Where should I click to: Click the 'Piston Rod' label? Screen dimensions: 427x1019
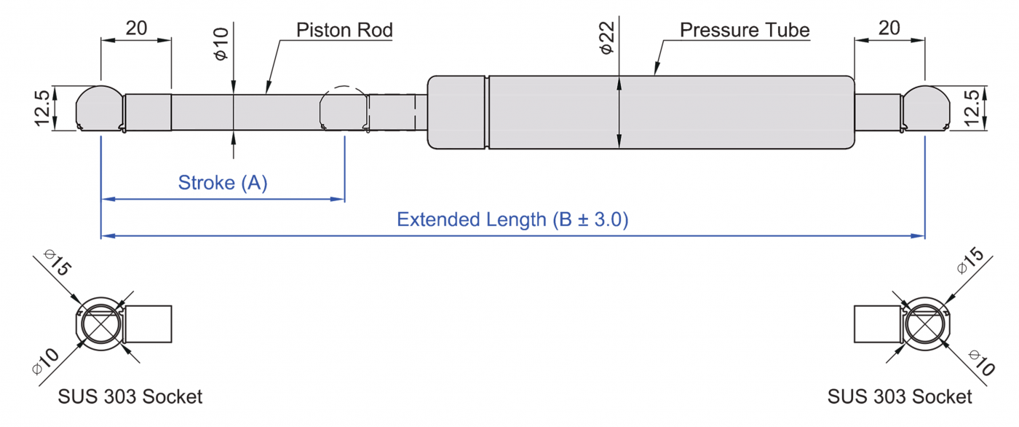click(344, 30)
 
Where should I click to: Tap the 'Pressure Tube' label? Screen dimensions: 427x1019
click(745, 30)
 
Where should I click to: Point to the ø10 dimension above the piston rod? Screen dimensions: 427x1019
click(223, 44)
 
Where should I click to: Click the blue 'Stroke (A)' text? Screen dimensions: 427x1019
click(223, 182)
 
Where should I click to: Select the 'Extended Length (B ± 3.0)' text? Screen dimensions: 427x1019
click(512, 219)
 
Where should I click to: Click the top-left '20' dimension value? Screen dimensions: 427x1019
click(137, 28)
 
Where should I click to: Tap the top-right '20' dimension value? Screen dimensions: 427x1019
click(889, 28)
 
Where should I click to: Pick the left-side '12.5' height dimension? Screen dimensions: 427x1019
click(45, 109)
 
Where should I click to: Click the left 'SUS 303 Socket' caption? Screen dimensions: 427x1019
click(130, 397)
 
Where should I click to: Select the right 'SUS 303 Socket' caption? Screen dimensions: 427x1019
click(900, 397)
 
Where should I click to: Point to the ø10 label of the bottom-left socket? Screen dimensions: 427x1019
click(46, 359)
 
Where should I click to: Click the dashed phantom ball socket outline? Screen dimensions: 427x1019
click(342, 109)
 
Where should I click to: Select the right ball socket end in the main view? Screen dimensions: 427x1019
click(926, 109)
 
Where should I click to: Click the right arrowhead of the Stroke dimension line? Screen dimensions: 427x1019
click(338, 198)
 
